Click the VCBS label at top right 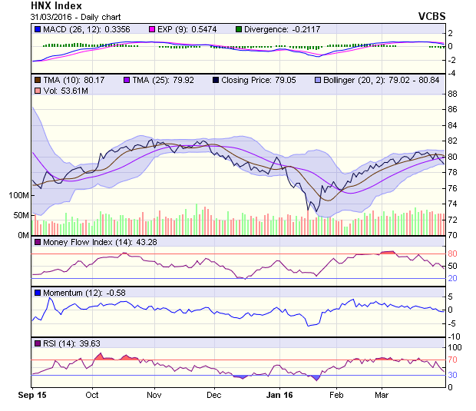433,16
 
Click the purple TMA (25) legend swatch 126,79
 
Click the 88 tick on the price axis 452,94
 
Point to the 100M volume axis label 18,195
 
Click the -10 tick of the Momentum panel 454,336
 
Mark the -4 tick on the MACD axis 452,73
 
